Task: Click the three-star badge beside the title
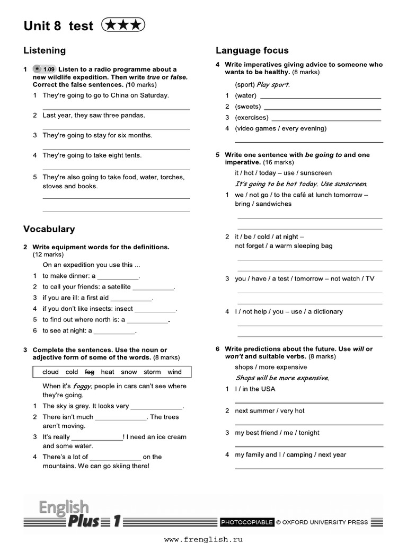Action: pos(122,25)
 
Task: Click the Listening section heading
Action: pos(45,50)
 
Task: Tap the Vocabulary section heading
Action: pos(49,229)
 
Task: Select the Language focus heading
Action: pos(252,50)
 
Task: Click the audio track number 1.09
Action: pos(49,69)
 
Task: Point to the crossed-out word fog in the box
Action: pos(90,372)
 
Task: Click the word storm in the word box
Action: pos(152,372)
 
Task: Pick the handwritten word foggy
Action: pos(82,387)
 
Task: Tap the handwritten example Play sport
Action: pos(273,85)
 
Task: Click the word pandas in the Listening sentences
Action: pos(133,115)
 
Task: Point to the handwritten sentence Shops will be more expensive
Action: pos(282,378)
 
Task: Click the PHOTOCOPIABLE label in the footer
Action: pos(247,522)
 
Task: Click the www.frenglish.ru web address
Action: pos(203,539)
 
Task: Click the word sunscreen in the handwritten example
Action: pos(349,184)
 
